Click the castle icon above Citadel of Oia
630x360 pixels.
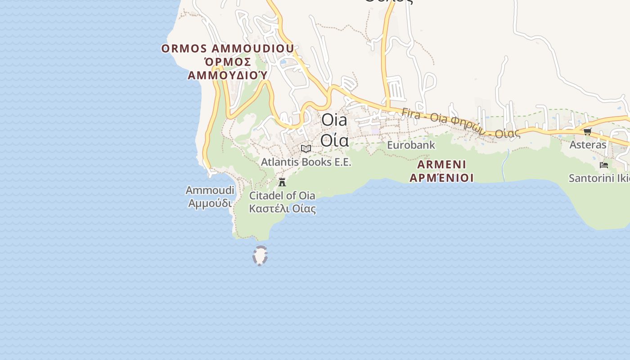(x=282, y=182)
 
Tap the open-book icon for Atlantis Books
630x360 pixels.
(x=306, y=148)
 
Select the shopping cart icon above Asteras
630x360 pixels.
(x=587, y=131)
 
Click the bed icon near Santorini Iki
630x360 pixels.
(x=604, y=165)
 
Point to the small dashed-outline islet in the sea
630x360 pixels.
(x=260, y=256)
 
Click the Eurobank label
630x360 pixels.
(x=411, y=145)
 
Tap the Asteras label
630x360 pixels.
(x=588, y=145)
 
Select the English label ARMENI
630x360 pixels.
(x=437, y=164)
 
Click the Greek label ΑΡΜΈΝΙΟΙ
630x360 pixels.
(x=441, y=178)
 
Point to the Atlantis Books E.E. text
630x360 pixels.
(x=306, y=162)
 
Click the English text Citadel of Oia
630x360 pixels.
(x=282, y=196)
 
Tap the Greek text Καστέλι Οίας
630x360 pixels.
(x=282, y=209)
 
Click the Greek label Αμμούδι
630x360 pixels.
(x=210, y=203)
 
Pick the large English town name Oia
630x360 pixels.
(x=334, y=120)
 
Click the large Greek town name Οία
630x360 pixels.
(x=334, y=140)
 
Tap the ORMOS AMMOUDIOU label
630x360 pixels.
(x=228, y=49)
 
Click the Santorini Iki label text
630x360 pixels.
(x=598, y=178)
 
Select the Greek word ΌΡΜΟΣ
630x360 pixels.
(x=228, y=62)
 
